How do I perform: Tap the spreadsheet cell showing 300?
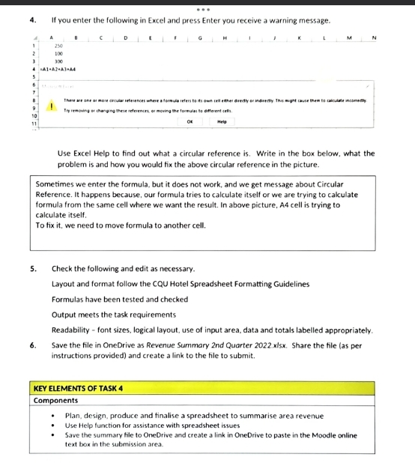pyautogui.click(x=57, y=61)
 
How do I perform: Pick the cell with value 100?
pyautogui.click(x=57, y=52)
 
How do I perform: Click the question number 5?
pyautogui.click(x=33, y=268)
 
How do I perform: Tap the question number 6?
pyautogui.click(x=33, y=345)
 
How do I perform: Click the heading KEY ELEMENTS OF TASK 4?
pyautogui.click(x=79, y=388)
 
